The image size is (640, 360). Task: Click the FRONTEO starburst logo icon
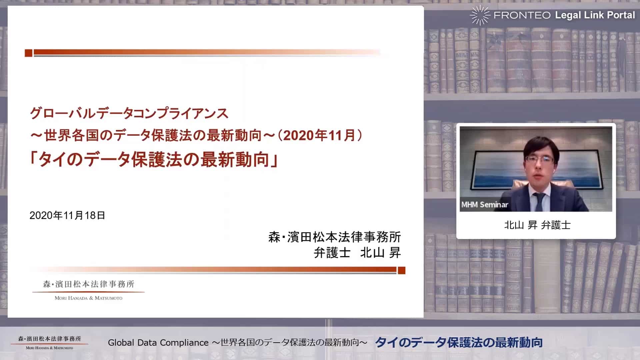pyautogui.click(x=480, y=15)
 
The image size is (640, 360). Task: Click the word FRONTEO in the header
pyautogui.click(x=522, y=15)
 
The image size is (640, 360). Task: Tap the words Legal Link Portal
pyautogui.click(x=595, y=15)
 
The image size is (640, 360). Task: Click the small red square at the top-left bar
pyautogui.click(x=29, y=53)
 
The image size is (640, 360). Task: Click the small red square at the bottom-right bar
pyautogui.click(x=401, y=270)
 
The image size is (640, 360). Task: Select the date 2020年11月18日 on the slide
pyautogui.click(x=67, y=215)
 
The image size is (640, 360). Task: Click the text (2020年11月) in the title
pyautogui.click(x=320, y=135)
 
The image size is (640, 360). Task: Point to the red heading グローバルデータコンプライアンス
pyautogui.click(x=129, y=114)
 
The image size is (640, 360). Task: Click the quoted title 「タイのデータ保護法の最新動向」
pyautogui.click(x=154, y=159)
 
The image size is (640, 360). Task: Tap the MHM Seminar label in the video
pyautogui.click(x=485, y=205)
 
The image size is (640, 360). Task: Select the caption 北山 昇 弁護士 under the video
pyautogui.click(x=537, y=225)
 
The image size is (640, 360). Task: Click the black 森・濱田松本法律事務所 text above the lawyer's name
pyautogui.click(x=335, y=237)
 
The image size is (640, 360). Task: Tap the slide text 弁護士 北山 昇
pyautogui.click(x=357, y=253)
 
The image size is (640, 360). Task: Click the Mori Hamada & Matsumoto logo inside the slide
pyautogui.click(x=89, y=290)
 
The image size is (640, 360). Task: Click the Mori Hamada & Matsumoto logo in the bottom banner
pyautogui.click(x=49, y=342)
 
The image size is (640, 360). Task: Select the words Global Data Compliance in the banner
pyautogui.click(x=158, y=343)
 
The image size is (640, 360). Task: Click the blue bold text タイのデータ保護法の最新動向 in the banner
pyautogui.click(x=459, y=342)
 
